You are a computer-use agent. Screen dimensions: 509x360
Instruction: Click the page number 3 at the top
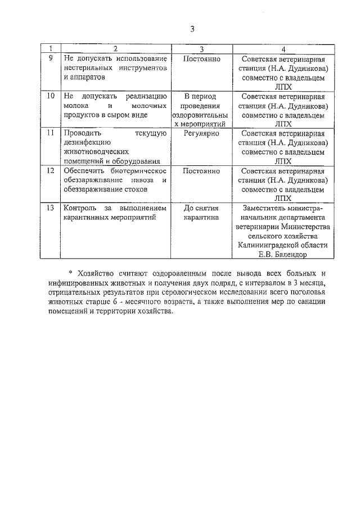point(192,29)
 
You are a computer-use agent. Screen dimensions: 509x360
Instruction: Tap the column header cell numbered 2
point(115,49)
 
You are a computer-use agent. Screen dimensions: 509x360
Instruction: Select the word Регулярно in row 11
point(201,133)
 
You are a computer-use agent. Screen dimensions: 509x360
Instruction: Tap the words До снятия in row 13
point(201,208)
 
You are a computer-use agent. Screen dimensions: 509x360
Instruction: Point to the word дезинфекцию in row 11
point(89,143)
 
